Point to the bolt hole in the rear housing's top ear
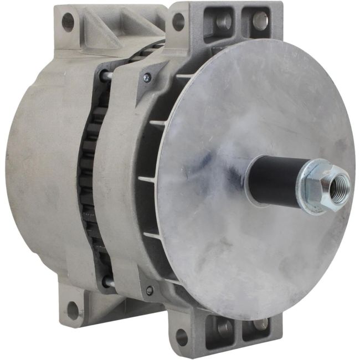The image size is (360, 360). [68, 22]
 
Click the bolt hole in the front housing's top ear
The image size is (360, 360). [178, 22]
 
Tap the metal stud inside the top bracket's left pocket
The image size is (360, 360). [224, 21]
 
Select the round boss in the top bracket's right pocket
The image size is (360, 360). [260, 20]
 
